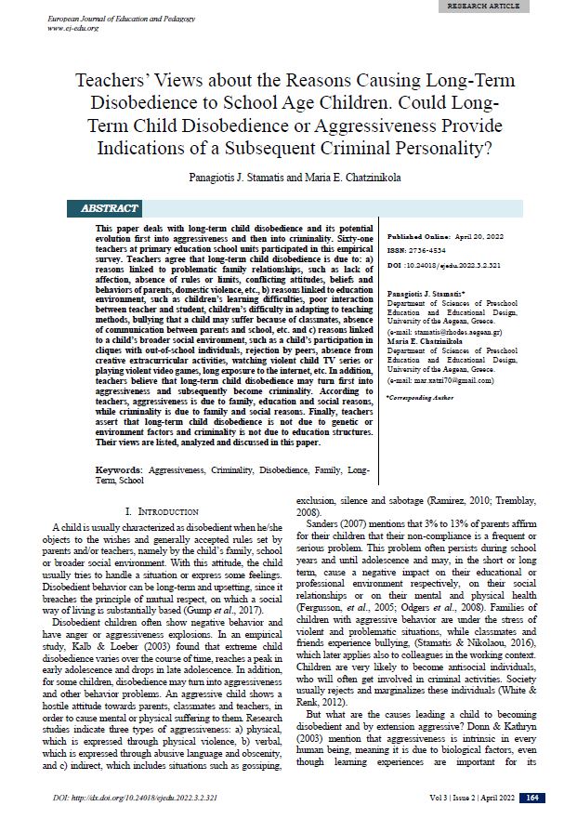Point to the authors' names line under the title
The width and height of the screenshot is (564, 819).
point(282,174)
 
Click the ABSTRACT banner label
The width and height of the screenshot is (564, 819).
point(110,208)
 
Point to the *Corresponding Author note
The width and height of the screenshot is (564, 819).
point(420,397)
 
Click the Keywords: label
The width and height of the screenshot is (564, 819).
point(119,471)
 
